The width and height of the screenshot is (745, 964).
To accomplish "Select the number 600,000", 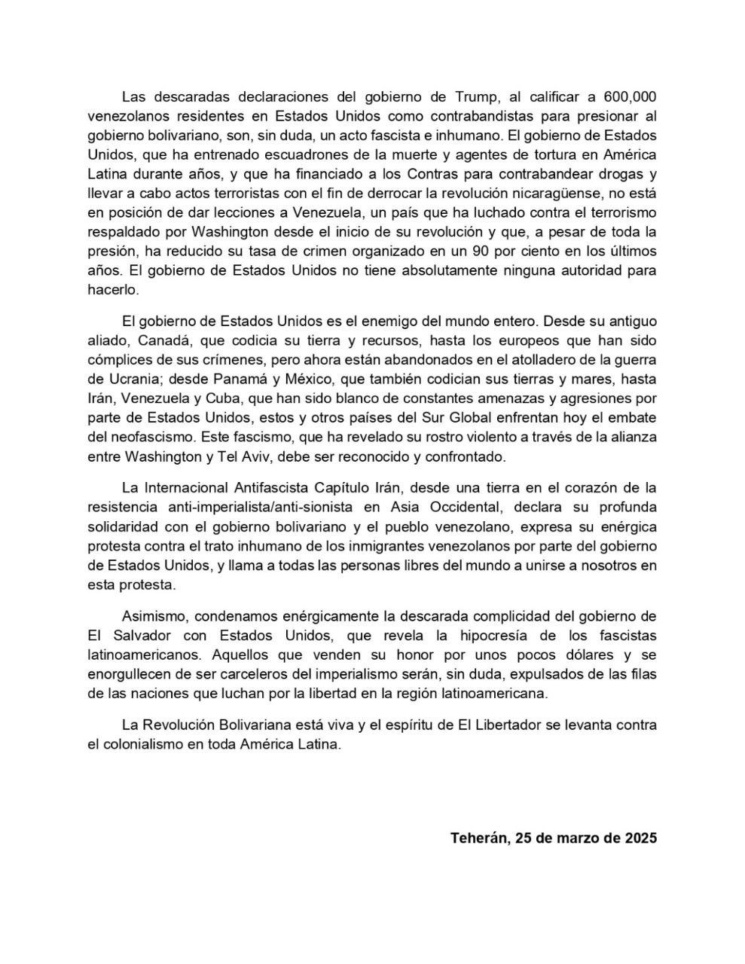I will click(627, 96).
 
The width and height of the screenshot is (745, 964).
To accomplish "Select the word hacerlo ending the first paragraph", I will click(113, 289).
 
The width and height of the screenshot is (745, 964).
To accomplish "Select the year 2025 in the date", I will click(639, 837).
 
